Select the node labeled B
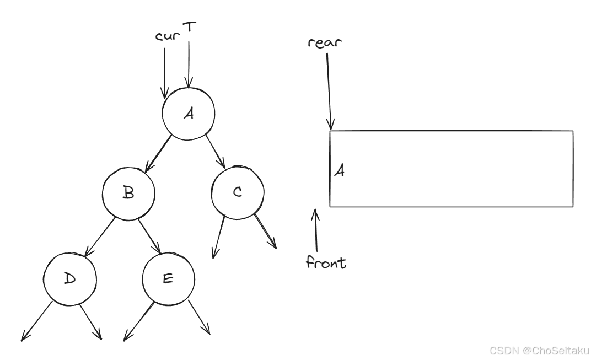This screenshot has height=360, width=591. click(128, 193)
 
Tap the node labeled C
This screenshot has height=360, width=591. click(237, 192)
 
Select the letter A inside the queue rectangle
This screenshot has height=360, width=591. click(340, 171)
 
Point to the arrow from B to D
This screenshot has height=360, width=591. click(100, 234)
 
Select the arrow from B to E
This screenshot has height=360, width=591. click(149, 234)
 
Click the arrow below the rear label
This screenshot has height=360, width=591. click(329, 91)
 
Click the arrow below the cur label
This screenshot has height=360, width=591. click(164, 72)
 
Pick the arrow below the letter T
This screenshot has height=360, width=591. click(189, 63)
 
